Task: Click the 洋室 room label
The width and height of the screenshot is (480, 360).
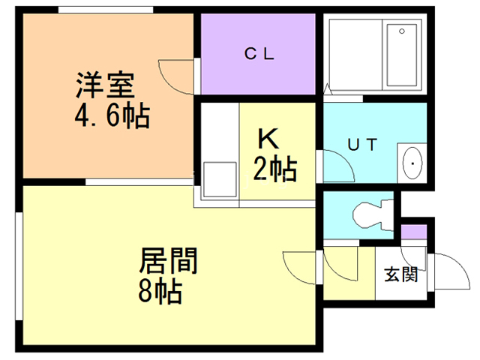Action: (x=105, y=85)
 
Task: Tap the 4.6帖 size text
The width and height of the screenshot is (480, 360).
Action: (x=112, y=116)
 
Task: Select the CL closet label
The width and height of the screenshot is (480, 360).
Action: (x=259, y=54)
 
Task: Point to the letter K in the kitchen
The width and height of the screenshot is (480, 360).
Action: (x=268, y=138)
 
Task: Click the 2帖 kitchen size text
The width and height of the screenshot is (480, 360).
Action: (x=275, y=169)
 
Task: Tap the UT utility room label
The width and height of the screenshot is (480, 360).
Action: (x=363, y=145)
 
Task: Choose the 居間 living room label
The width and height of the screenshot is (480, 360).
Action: (x=168, y=260)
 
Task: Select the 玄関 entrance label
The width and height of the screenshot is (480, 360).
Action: (x=401, y=274)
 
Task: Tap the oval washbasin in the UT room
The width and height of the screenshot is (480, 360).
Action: (x=412, y=163)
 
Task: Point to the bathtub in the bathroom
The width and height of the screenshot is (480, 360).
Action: (x=402, y=55)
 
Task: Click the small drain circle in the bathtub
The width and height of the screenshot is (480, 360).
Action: (x=402, y=31)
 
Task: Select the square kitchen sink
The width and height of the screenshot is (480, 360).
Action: (x=220, y=179)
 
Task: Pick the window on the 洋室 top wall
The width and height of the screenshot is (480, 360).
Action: (x=106, y=10)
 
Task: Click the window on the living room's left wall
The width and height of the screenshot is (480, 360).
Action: (x=19, y=266)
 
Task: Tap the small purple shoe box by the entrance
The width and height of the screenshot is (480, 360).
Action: (x=413, y=232)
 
